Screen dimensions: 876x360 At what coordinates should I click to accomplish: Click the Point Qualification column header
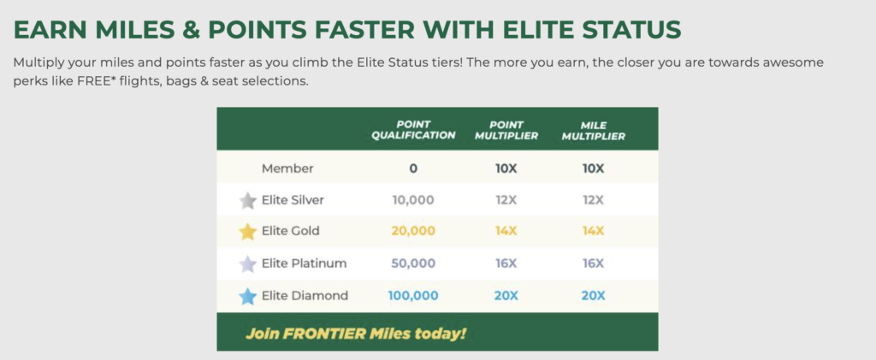click(x=413, y=130)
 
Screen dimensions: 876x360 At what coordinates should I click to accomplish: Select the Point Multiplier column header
click(x=506, y=130)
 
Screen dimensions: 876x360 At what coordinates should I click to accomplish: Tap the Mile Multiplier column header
click(x=594, y=130)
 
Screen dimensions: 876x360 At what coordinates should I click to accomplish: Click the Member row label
click(x=287, y=168)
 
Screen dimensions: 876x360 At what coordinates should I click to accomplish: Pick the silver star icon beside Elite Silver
click(x=247, y=200)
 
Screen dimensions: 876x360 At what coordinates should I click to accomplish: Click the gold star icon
click(x=247, y=232)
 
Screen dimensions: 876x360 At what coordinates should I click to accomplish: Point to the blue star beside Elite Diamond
click(x=247, y=297)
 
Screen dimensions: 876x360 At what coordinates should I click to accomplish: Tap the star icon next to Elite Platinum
click(x=247, y=264)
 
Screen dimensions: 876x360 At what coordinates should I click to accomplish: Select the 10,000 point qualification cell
click(x=413, y=200)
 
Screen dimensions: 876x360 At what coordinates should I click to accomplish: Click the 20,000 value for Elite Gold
click(x=413, y=231)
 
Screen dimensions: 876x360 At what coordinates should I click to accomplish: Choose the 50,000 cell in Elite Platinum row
click(x=413, y=263)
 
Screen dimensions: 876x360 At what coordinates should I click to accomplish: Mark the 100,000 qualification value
click(x=413, y=295)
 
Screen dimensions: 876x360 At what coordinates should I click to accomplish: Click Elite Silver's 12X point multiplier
click(x=506, y=200)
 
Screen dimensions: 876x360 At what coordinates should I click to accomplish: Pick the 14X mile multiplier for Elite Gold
click(x=594, y=231)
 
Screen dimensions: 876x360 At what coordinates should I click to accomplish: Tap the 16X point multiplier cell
click(x=506, y=263)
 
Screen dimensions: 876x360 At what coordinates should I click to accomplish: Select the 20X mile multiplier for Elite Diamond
click(x=594, y=295)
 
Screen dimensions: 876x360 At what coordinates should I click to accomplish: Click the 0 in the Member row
click(x=413, y=168)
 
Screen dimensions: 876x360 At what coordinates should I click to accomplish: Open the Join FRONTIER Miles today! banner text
click(x=355, y=333)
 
